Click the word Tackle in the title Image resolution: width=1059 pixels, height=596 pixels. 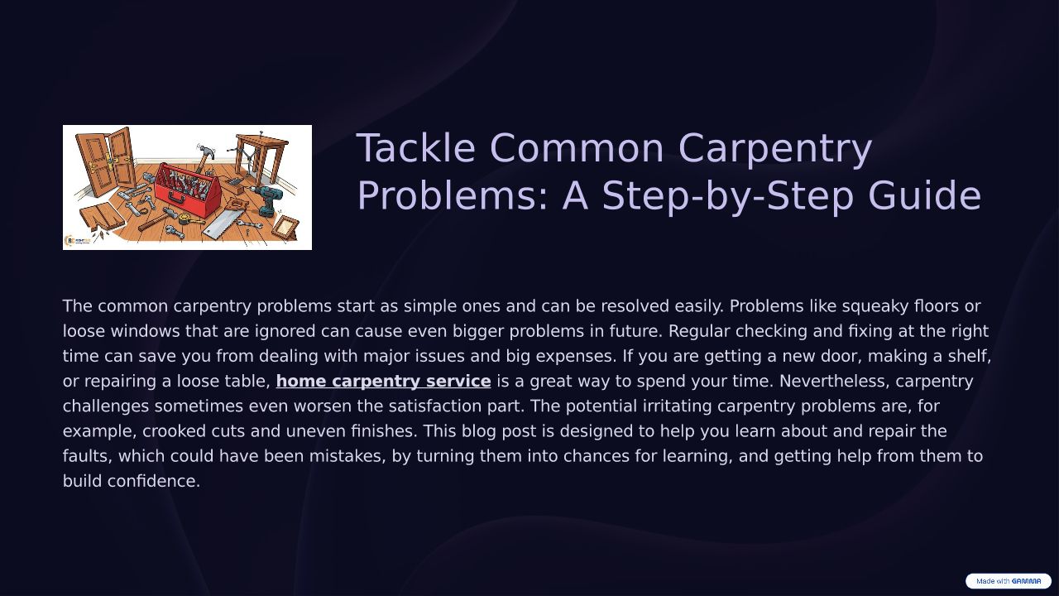pyautogui.click(x=415, y=147)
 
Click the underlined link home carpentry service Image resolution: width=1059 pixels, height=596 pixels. pyautogui.click(x=383, y=382)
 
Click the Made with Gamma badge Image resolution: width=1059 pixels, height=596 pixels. pyautogui.click(x=1008, y=581)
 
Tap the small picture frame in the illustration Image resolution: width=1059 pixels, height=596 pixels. pyautogui.click(x=285, y=228)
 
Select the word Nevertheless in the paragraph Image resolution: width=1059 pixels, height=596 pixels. pyautogui.click(x=835, y=382)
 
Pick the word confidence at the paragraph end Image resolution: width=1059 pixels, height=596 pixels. pyautogui.click(x=154, y=482)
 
